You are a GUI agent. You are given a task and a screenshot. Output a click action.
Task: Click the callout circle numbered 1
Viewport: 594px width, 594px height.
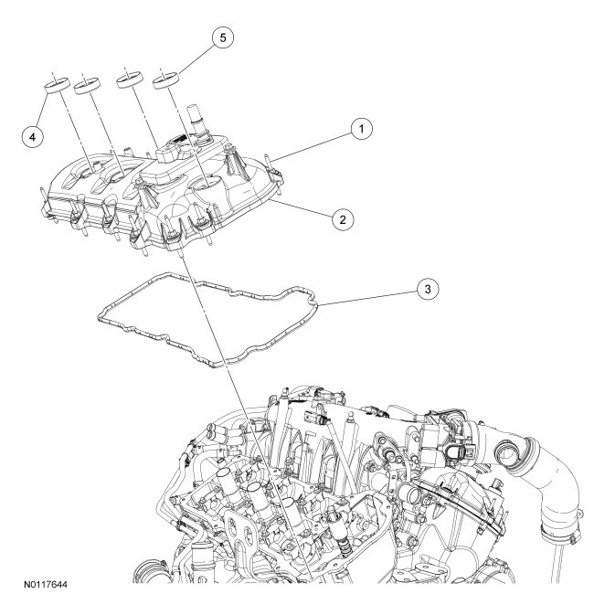tap(362, 130)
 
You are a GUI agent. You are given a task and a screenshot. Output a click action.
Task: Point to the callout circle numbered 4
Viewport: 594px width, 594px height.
tap(34, 136)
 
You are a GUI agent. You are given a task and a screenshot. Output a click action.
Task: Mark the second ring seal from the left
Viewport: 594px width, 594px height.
tap(89, 87)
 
